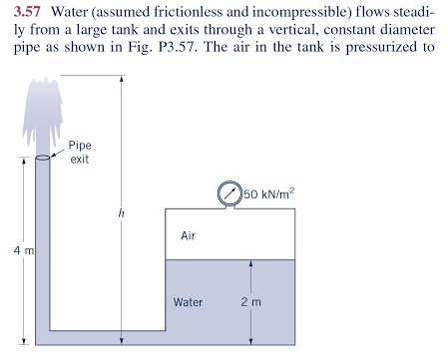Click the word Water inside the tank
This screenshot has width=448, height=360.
pyautogui.click(x=188, y=300)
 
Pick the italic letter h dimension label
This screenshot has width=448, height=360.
pyautogui.click(x=122, y=212)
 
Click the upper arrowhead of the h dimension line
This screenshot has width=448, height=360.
pyautogui.click(x=121, y=80)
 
